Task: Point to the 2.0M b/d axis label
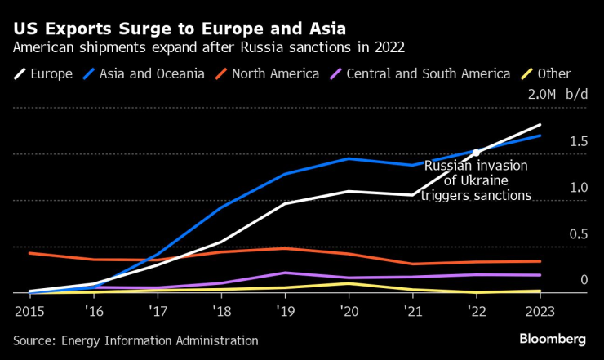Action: coord(557,95)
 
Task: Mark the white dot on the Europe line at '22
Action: coord(476,153)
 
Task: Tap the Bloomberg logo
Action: coord(553,339)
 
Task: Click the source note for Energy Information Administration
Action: coord(135,340)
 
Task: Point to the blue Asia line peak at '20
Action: coord(349,158)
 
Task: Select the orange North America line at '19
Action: coord(284,248)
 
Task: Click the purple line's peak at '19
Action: coord(284,273)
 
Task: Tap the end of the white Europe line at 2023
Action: coord(540,125)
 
